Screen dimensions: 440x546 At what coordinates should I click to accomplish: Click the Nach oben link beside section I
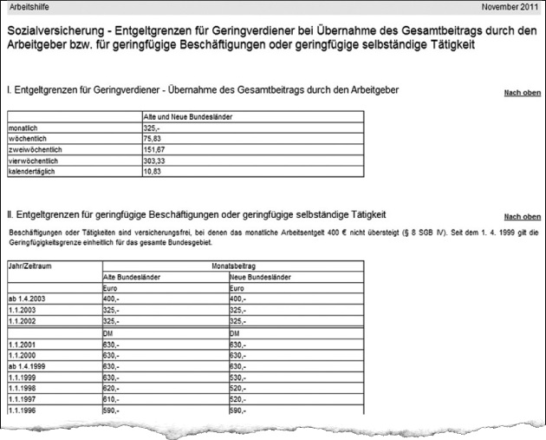tap(522, 93)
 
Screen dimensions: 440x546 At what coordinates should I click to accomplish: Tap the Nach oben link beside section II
tap(522, 217)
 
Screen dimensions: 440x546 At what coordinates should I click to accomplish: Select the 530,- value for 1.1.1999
tap(240, 378)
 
